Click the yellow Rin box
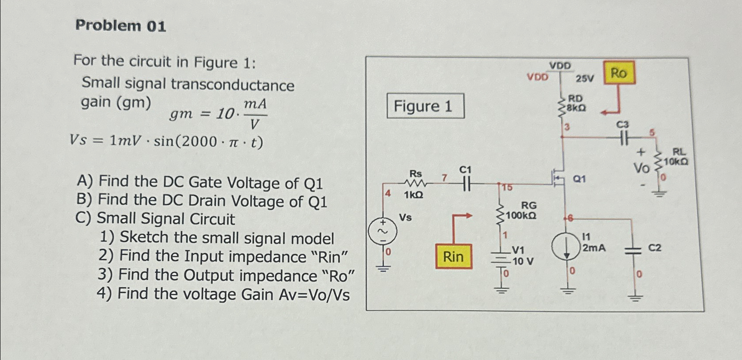click(454, 257)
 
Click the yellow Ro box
click(619, 73)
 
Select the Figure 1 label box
click(425, 106)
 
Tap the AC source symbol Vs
click(382, 231)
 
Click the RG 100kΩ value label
click(521, 216)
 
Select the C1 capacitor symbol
click(465, 184)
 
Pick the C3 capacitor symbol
click(623, 139)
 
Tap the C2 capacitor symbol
click(634, 250)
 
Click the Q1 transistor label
click(579, 179)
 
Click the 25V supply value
click(585, 79)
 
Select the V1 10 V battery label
click(522, 256)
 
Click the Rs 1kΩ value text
click(413, 195)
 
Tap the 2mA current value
click(594, 248)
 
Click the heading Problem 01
click(121, 26)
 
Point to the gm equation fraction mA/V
click(255, 114)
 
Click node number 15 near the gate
click(507, 188)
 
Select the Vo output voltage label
click(641, 168)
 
